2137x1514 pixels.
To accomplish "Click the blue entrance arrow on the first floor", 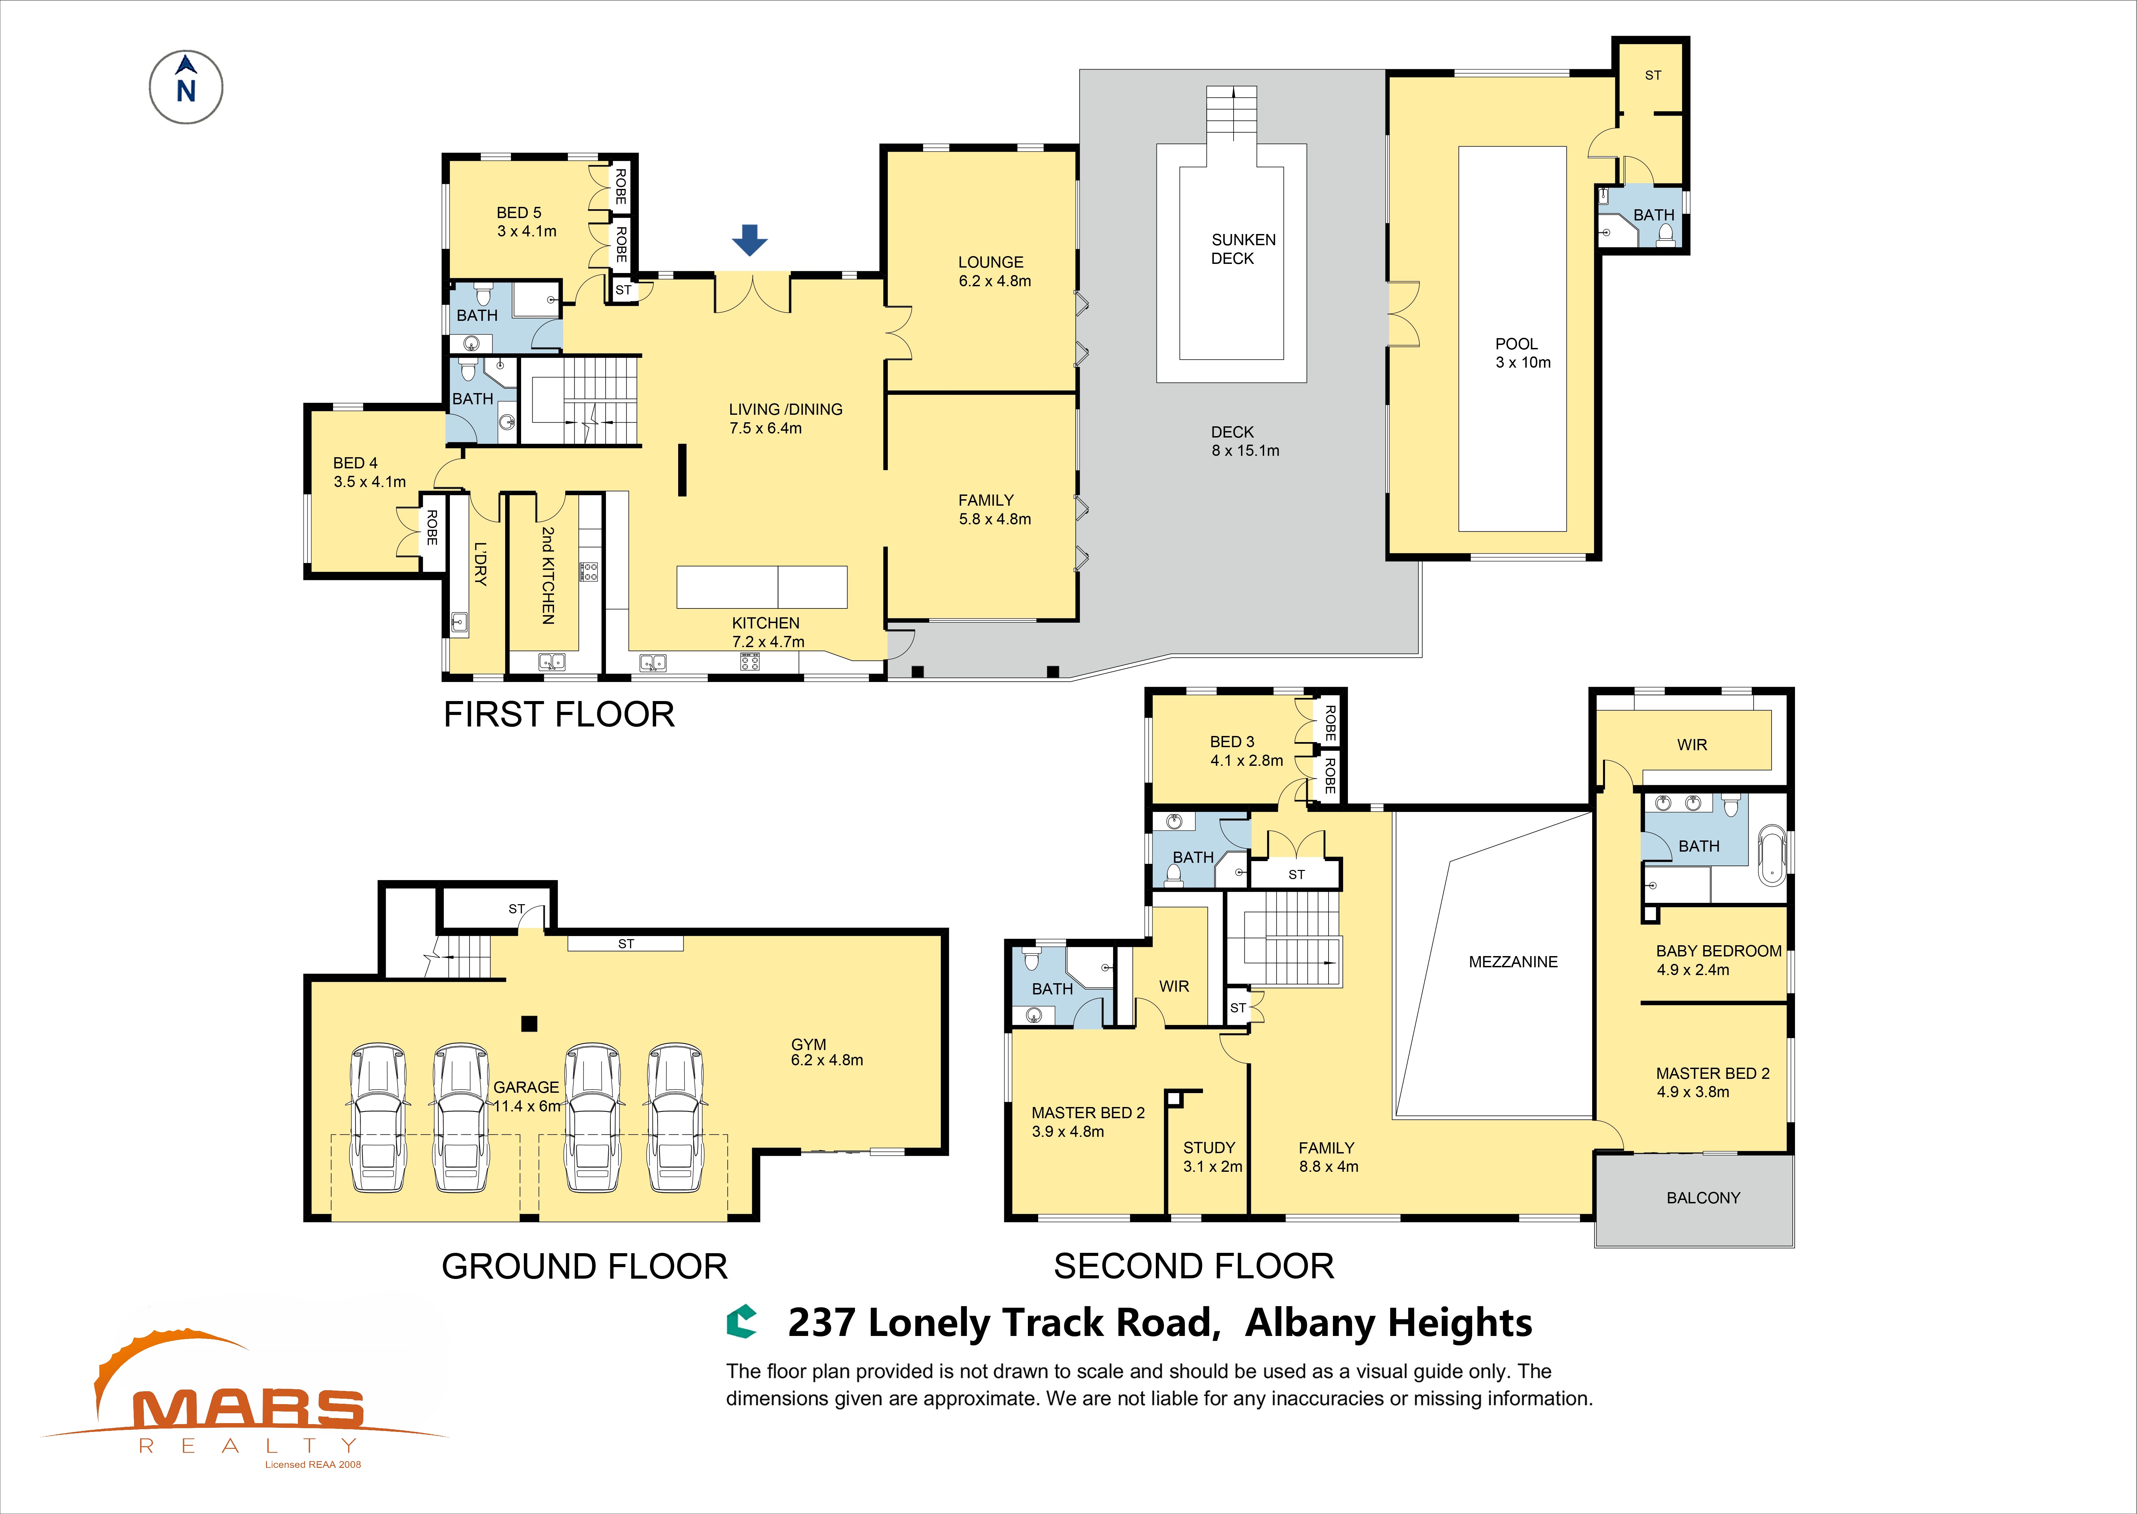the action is point(750,239).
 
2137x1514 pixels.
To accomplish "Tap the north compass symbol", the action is point(187,88).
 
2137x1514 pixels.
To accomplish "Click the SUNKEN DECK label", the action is point(1243,249).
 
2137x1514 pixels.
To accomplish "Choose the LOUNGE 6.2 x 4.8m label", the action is point(994,271).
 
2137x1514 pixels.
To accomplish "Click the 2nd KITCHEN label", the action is point(548,575).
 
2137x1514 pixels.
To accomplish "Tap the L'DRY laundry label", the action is point(480,563).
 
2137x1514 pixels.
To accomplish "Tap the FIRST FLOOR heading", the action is point(558,714).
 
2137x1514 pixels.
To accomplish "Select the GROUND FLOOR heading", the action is point(584,1266).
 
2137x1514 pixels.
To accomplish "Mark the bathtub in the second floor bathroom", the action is point(1772,855).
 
